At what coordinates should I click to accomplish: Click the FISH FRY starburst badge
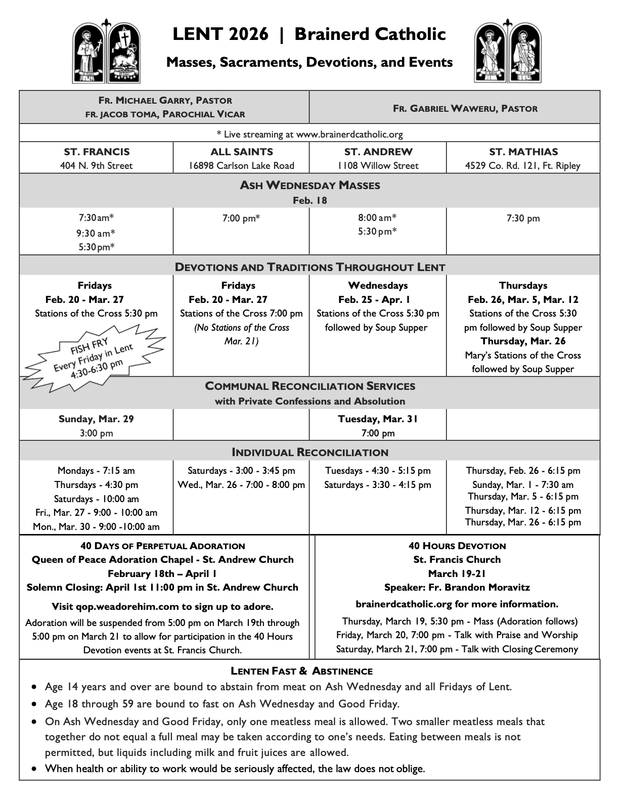click(x=95, y=357)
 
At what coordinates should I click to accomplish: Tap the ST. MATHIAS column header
click(x=523, y=152)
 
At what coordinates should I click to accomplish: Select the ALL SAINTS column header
click(x=241, y=152)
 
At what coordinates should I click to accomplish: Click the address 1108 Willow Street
click(x=378, y=165)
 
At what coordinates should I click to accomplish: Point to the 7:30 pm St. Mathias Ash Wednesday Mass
click(x=523, y=218)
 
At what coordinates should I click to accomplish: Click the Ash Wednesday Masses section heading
click(x=309, y=185)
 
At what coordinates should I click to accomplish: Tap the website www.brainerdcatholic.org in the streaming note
click(x=349, y=134)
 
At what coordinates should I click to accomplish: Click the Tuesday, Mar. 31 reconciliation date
click(x=378, y=419)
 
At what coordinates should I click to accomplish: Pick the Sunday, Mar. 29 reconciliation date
click(x=96, y=419)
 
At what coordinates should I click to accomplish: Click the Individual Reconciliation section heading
click(x=309, y=452)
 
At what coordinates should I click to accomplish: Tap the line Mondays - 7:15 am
click(x=96, y=471)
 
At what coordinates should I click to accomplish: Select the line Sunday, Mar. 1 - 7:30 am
click(x=523, y=484)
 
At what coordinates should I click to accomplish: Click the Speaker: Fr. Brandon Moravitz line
click(x=457, y=588)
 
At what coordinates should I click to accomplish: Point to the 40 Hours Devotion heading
click(x=457, y=546)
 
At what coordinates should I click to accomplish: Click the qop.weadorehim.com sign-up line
click(x=162, y=606)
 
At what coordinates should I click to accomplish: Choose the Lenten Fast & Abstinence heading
click(x=301, y=672)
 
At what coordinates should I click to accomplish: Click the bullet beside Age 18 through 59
click(x=34, y=704)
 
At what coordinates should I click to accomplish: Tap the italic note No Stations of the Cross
click(x=241, y=327)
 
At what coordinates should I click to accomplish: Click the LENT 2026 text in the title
click(x=220, y=34)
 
